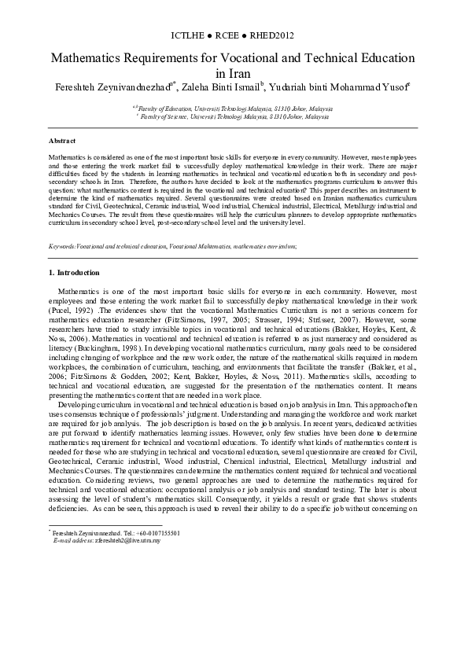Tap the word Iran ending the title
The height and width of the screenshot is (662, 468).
(233, 72)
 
